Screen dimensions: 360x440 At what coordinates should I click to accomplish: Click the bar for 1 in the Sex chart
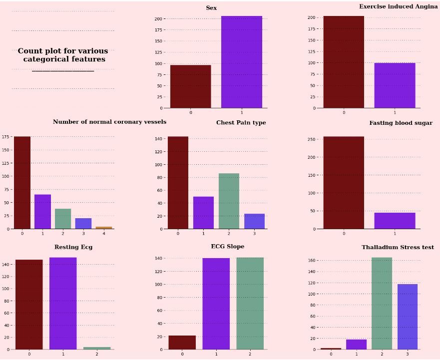[x=241, y=62]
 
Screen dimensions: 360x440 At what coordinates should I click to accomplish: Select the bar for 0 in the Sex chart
[x=190, y=86]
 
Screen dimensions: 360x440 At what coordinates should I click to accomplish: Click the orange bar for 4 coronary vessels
[x=104, y=228]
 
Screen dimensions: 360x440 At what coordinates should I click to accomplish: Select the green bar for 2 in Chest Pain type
[x=229, y=201]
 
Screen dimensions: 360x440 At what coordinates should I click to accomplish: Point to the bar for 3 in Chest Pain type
[x=254, y=221]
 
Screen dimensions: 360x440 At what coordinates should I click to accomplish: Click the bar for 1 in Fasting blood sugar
[x=395, y=221]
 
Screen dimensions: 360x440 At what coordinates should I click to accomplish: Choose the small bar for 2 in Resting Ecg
[x=97, y=348]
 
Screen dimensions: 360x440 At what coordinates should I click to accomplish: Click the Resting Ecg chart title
[x=73, y=247]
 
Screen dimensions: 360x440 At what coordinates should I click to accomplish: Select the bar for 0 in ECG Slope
[x=182, y=343]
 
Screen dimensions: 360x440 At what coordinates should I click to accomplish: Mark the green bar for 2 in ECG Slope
[x=250, y=304]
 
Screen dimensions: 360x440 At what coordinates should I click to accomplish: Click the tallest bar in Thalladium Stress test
[x=382, y=304]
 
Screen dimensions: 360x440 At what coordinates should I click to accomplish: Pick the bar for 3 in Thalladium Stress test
[x=407, y=317]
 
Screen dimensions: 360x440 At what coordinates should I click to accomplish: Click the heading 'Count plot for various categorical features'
[x=63, y=55]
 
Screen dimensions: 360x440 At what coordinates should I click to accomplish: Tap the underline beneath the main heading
[x=63, y=71]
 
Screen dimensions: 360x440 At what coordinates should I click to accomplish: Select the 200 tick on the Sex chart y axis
[x=158, y=19]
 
